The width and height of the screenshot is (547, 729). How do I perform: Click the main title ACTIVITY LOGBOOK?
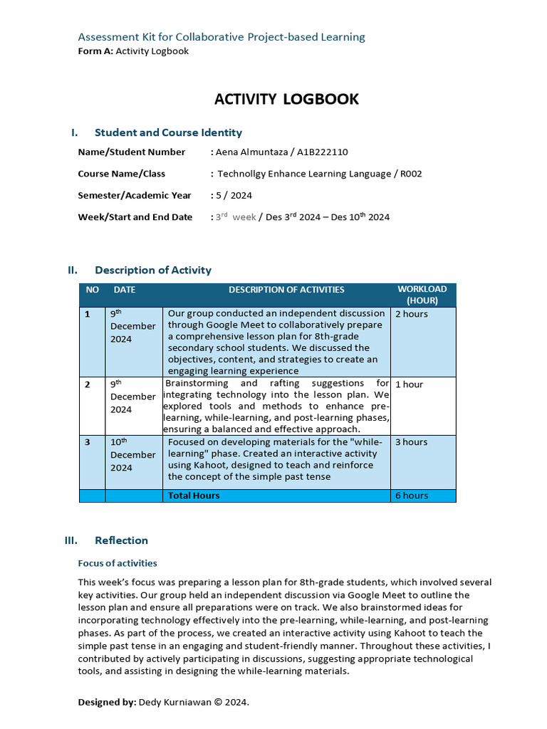[x=286, y=99]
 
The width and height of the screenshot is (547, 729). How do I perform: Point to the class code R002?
[x=411, y=174]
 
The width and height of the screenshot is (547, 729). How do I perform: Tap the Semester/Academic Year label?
[x=135, y=195]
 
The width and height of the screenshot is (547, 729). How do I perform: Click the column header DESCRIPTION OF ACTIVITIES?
[x=286, y=290]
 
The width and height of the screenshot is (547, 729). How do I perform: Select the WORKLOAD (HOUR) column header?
[x=422, y=295]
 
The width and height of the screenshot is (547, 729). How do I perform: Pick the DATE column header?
[x=124, y=290]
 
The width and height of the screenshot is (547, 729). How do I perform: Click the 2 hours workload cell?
[x=412, y=314]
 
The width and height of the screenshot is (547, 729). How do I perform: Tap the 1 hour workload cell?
[x=409, y=384]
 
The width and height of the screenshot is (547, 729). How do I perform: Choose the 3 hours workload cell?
[x=412, y=442]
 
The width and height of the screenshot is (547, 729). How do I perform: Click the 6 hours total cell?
[x=412, y=495]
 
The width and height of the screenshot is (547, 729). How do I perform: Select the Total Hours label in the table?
[x=194, y=495]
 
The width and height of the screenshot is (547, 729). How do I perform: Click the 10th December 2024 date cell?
[x=132, y=455]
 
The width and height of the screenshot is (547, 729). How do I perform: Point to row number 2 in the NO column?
[x=88, y=384]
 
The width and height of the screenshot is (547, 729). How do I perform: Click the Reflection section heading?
[x=121, y=540]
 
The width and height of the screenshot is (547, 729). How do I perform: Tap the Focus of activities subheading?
[x=118, y=563]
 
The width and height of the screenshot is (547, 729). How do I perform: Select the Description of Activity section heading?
[x=152, y=270]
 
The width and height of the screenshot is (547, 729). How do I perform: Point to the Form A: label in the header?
[x=95, y=51]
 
